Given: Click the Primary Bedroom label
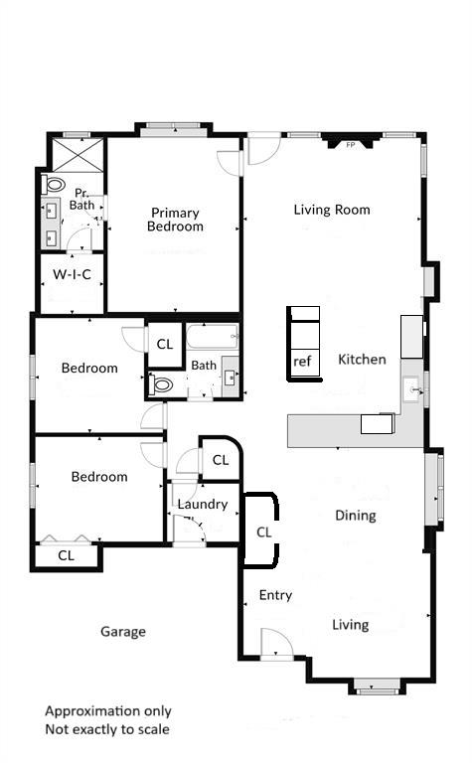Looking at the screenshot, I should pos(175,220).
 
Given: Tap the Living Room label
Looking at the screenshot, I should pos(332,210).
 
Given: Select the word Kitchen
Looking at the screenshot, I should pos(362,359).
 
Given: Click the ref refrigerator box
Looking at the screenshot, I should pos(303,363).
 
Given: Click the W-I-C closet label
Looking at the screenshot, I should pos(72,274).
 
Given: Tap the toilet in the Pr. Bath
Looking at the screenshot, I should pos(55,185).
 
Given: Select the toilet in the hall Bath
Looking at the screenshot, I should pos(163,383).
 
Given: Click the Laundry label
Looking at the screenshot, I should pos(203,504).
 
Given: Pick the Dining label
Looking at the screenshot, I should pos(355,516).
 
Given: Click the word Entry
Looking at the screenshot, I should pos(275,595).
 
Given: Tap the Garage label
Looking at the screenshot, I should pos(123,631).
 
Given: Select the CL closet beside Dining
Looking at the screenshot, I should pos(263,532).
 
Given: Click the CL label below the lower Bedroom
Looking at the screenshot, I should pos(66,555).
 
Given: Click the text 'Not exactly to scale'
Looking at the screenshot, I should pos(106,729).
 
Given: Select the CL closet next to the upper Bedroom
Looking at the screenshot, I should pos(164,344).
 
